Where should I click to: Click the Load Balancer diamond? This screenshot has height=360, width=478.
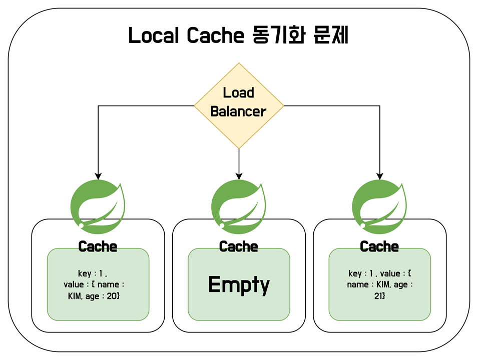(239, 105)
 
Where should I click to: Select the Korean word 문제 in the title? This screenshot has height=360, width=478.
(328, 36)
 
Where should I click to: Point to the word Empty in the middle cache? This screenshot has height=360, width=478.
(239, 284)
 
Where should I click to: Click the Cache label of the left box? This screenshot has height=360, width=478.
(98, 246)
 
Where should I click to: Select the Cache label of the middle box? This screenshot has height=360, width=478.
(239, 246)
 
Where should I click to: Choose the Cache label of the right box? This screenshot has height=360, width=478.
(379, 246)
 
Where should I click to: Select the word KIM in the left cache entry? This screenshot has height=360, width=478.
(77, 296)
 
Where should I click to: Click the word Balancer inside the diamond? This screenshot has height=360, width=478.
(239, 111)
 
